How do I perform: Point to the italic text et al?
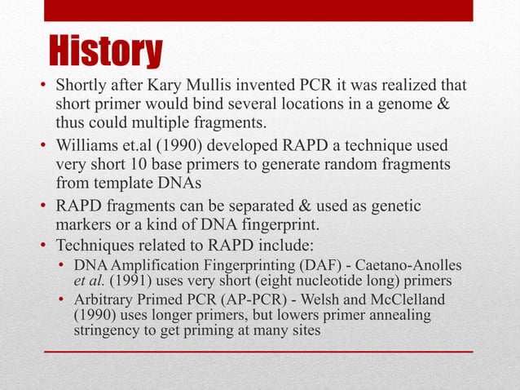(x=91, y=281)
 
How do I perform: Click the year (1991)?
(x=135, y=281)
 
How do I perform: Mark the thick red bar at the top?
(x=260, y=11)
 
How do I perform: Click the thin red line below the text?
(x=258, y=352)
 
